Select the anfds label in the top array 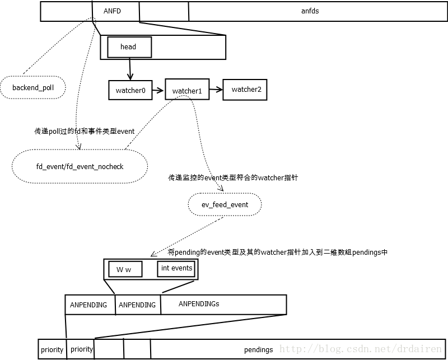310,11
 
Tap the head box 128,47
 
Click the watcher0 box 130,90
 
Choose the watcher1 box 186,91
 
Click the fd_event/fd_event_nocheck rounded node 79,166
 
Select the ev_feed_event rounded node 225,205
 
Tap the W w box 124,269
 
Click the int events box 176,268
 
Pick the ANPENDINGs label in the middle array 199,304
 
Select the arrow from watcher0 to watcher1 158,90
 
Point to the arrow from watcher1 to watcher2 216,90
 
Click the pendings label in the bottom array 258,349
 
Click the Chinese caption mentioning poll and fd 84,131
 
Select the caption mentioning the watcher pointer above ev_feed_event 233,177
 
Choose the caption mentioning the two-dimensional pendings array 277,253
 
